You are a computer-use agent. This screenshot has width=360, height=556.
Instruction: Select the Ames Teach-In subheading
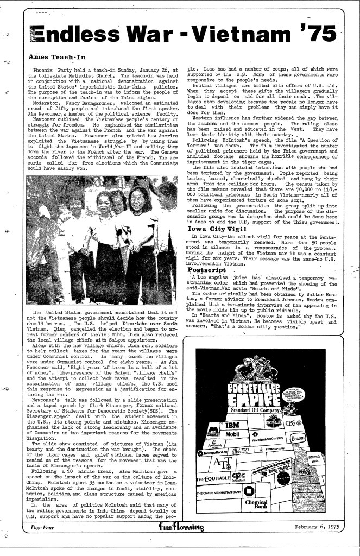[53, 56]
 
